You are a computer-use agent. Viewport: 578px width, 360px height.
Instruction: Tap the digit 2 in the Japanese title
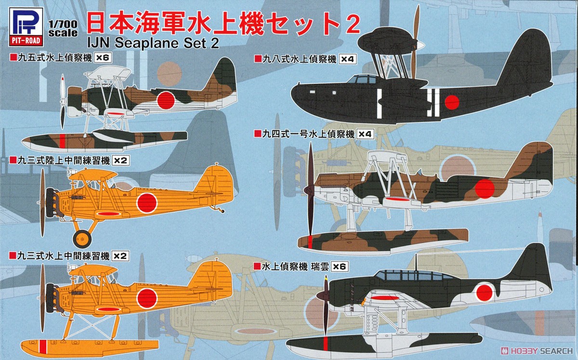coord(352,25)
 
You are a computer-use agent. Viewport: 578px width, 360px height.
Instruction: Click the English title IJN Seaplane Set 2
coord(153,43)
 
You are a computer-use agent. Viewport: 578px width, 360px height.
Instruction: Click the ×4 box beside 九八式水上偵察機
coord(350,59)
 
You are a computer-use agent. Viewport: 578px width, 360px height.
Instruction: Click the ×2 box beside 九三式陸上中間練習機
coord(120,161)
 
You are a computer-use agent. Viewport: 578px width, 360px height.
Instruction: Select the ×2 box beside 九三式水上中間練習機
coord(120,256)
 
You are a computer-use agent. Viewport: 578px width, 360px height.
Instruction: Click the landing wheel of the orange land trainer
coord(82,239)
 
